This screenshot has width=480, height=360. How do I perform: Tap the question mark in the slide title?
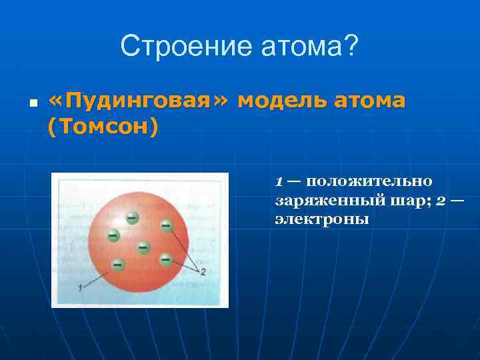pyautogui.click(x=351, y=47)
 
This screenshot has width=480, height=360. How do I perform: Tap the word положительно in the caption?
pyautogui.click(x=369, y=181)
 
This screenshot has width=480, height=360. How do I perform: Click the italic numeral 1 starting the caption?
pyautogui.click(x=279, y=181)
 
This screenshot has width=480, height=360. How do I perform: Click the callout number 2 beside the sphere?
pyautogui.click(x=202, y=271)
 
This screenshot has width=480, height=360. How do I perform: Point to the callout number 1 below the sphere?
pyautogui.click(x=81, y=287)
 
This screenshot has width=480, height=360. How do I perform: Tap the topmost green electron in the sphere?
pyautogui.click(x=133, y=217)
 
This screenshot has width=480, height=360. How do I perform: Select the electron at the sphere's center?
pyautogui.click(x=143, y=247)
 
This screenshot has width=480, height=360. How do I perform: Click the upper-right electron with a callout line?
pyautogui.click(x=166, y=227)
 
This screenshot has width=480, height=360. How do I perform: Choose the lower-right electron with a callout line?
pyautogui.click(x=163, y=257)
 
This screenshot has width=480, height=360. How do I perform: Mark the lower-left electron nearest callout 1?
pyautogui.click(x=118, y=264)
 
